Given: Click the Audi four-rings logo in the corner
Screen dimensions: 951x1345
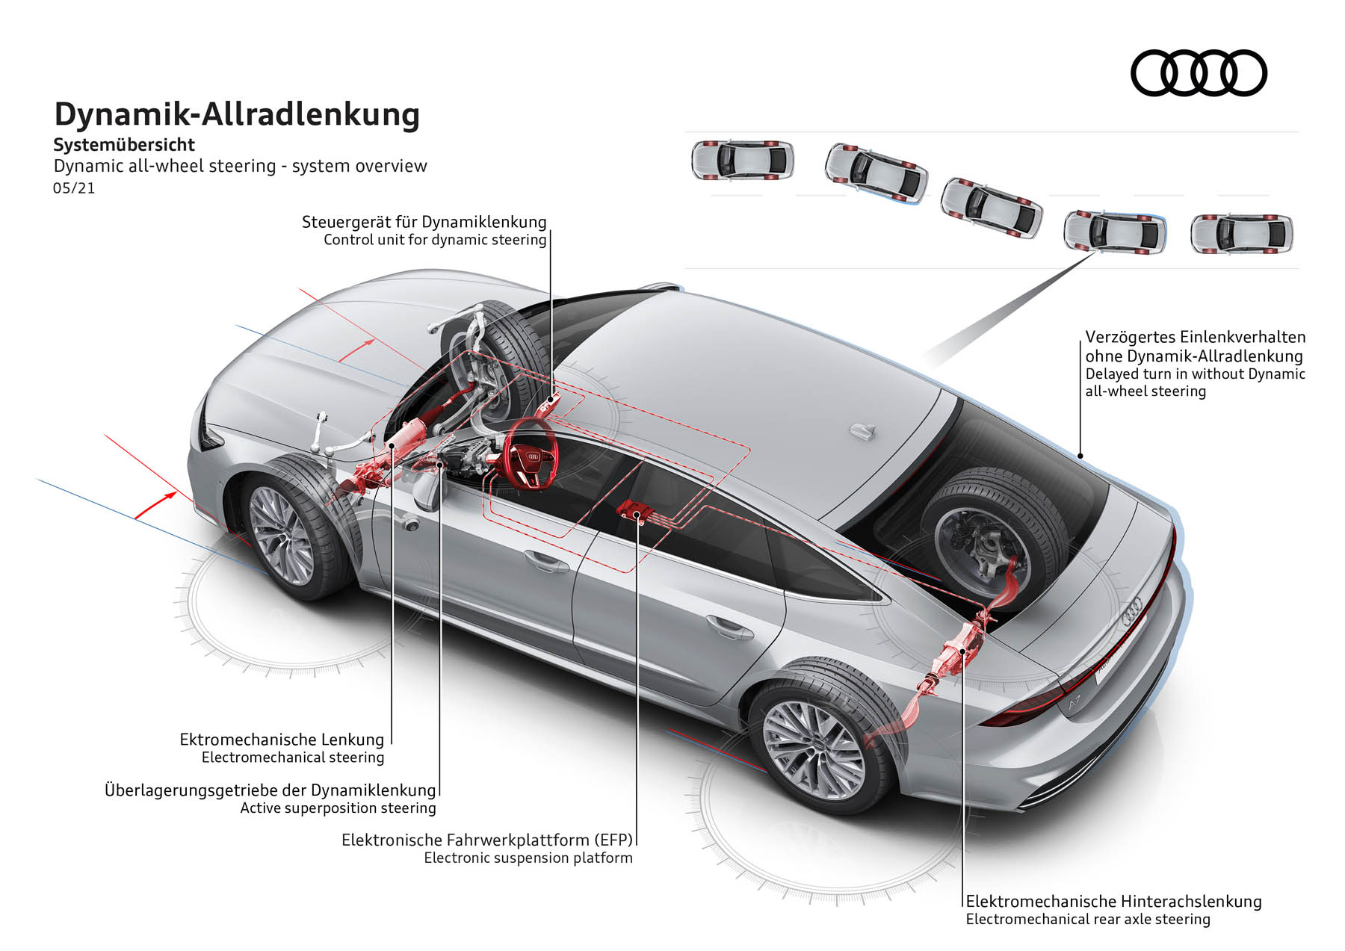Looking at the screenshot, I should coord(1199,73).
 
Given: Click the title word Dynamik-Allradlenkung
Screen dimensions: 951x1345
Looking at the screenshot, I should coord(237,115).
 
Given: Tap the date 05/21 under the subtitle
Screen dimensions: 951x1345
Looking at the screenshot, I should coord(74,188).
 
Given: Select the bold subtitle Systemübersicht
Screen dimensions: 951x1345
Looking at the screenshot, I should coord(124,145).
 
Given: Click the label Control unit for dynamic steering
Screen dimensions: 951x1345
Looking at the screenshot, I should coord(435,240).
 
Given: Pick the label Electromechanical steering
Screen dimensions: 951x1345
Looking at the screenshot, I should coord(293,758).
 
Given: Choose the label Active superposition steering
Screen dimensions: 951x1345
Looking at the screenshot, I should coord(338,808).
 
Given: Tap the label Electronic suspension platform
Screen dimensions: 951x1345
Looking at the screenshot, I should coord(528,858).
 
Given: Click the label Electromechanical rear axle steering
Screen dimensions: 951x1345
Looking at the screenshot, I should coord(1087,920).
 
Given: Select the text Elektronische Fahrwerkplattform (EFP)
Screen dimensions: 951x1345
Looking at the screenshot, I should coord(487,840).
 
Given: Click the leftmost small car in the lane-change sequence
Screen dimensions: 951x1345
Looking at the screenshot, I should coord(741,160).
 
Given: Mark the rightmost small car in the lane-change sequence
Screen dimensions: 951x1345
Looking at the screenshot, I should coord(1241,234).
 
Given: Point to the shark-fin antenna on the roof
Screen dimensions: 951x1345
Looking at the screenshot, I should coord(863,432).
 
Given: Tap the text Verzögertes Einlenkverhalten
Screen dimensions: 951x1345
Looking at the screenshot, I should coord(1195,338).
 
